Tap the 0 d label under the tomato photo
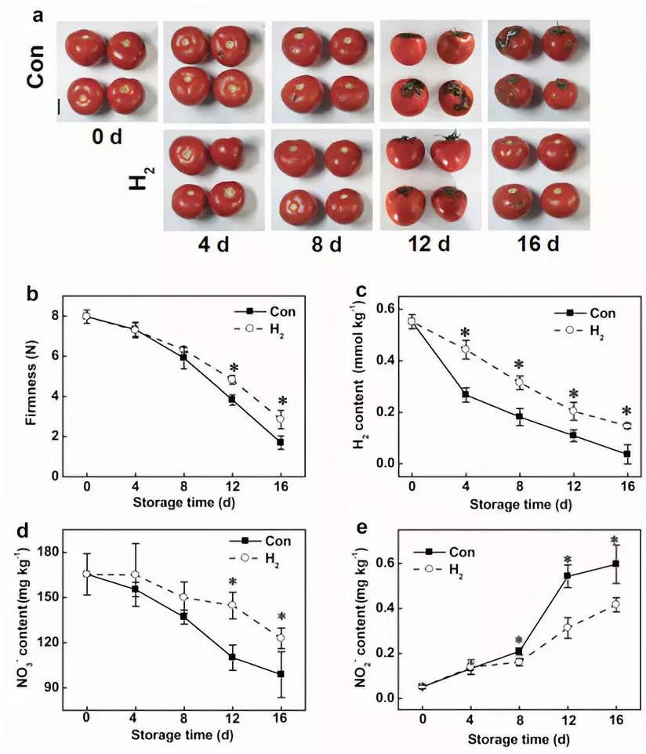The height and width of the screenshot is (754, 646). coord(105,137)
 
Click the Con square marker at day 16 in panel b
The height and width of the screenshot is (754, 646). coord(280,443)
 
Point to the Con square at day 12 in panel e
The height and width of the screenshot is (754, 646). coord(566,576)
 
